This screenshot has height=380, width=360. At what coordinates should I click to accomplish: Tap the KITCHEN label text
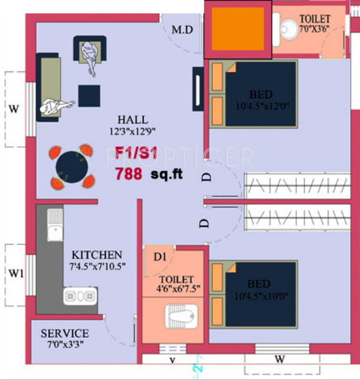97,255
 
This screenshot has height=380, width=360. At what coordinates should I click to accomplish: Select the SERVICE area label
64,334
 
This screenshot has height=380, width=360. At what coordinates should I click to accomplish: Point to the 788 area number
128,173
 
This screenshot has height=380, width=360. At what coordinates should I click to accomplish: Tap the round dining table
71,166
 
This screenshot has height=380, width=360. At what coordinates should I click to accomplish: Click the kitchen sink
55,224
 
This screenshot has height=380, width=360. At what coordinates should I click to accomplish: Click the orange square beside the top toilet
237,29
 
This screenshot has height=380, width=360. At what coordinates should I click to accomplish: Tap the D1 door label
160,256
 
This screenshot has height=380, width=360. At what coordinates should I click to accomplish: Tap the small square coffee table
89,95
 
